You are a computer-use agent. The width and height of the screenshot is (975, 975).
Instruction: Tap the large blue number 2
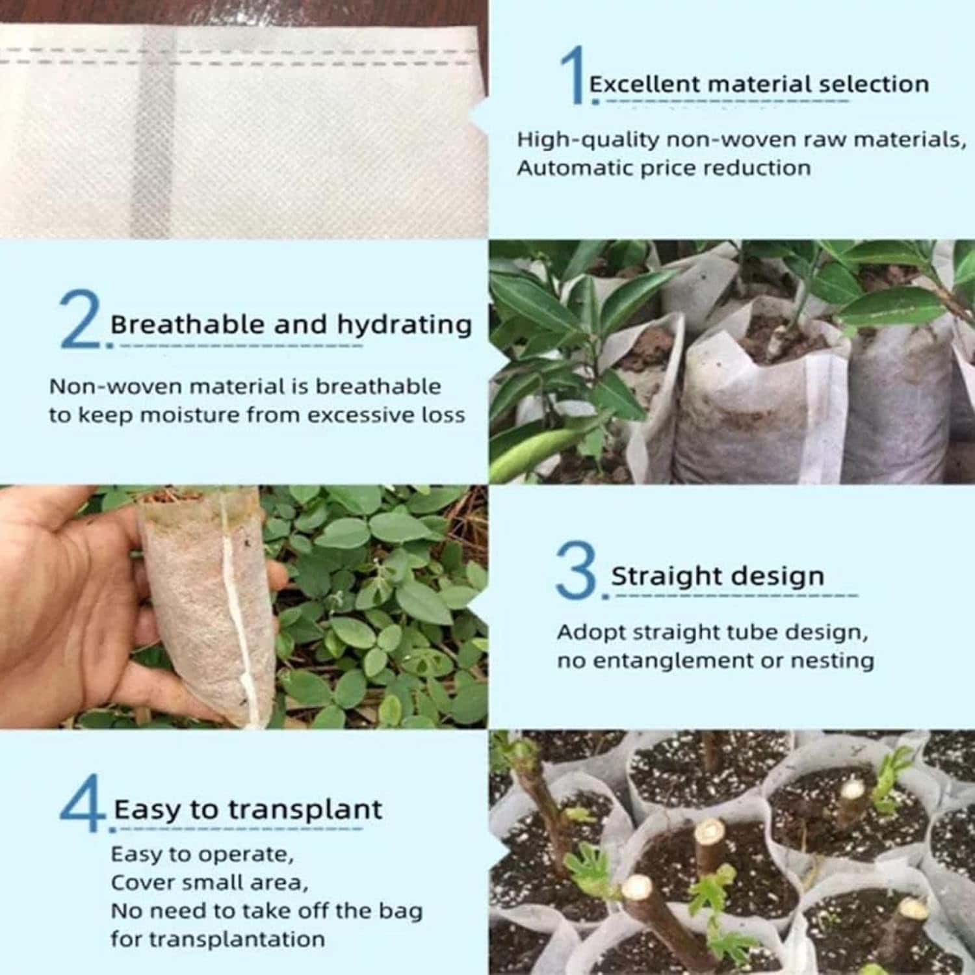[80, 320]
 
